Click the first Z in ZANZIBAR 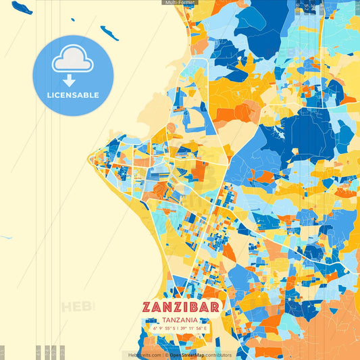tap(149, 307)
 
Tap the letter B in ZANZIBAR tap(196, 307)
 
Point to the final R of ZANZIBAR tap(214, 307)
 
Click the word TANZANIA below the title tap(180, 319)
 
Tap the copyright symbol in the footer tap(166, 355)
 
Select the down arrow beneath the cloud tap(70, 80)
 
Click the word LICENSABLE tap(73, 95)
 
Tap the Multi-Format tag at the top tap(179, 3)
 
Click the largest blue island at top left tap(22, 7)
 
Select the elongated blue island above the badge tap(109, 32)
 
